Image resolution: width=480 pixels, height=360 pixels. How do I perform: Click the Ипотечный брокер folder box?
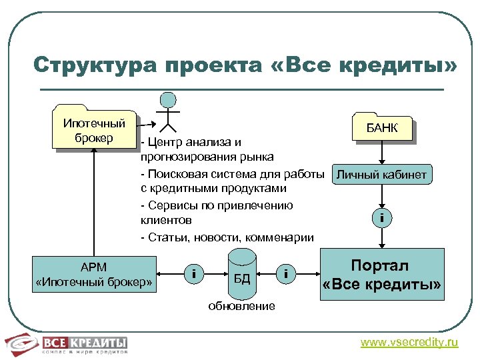coord(94,131)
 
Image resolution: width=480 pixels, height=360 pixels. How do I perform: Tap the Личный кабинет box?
coord(381,175)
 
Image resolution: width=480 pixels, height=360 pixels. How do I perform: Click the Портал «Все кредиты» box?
coord(383,274)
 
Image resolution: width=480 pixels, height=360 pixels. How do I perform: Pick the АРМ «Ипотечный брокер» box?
coord(95,275)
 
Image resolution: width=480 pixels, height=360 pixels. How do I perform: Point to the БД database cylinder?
coord(242,273)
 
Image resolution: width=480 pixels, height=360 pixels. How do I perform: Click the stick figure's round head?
coord(169,101)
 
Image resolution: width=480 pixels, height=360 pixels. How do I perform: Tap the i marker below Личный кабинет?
coord(382,217)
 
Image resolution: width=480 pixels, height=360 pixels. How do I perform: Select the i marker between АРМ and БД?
coord(193,273)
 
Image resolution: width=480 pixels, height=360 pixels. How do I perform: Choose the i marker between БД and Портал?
coord(285,273)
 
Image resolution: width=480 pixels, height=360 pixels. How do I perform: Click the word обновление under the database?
coord(241,306)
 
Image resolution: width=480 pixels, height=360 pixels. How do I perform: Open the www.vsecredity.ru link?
coord(409,343)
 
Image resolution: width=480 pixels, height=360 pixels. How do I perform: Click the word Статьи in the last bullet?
coord(163,237)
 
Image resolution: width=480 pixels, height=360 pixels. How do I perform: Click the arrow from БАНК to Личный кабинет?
coord(381,153)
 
